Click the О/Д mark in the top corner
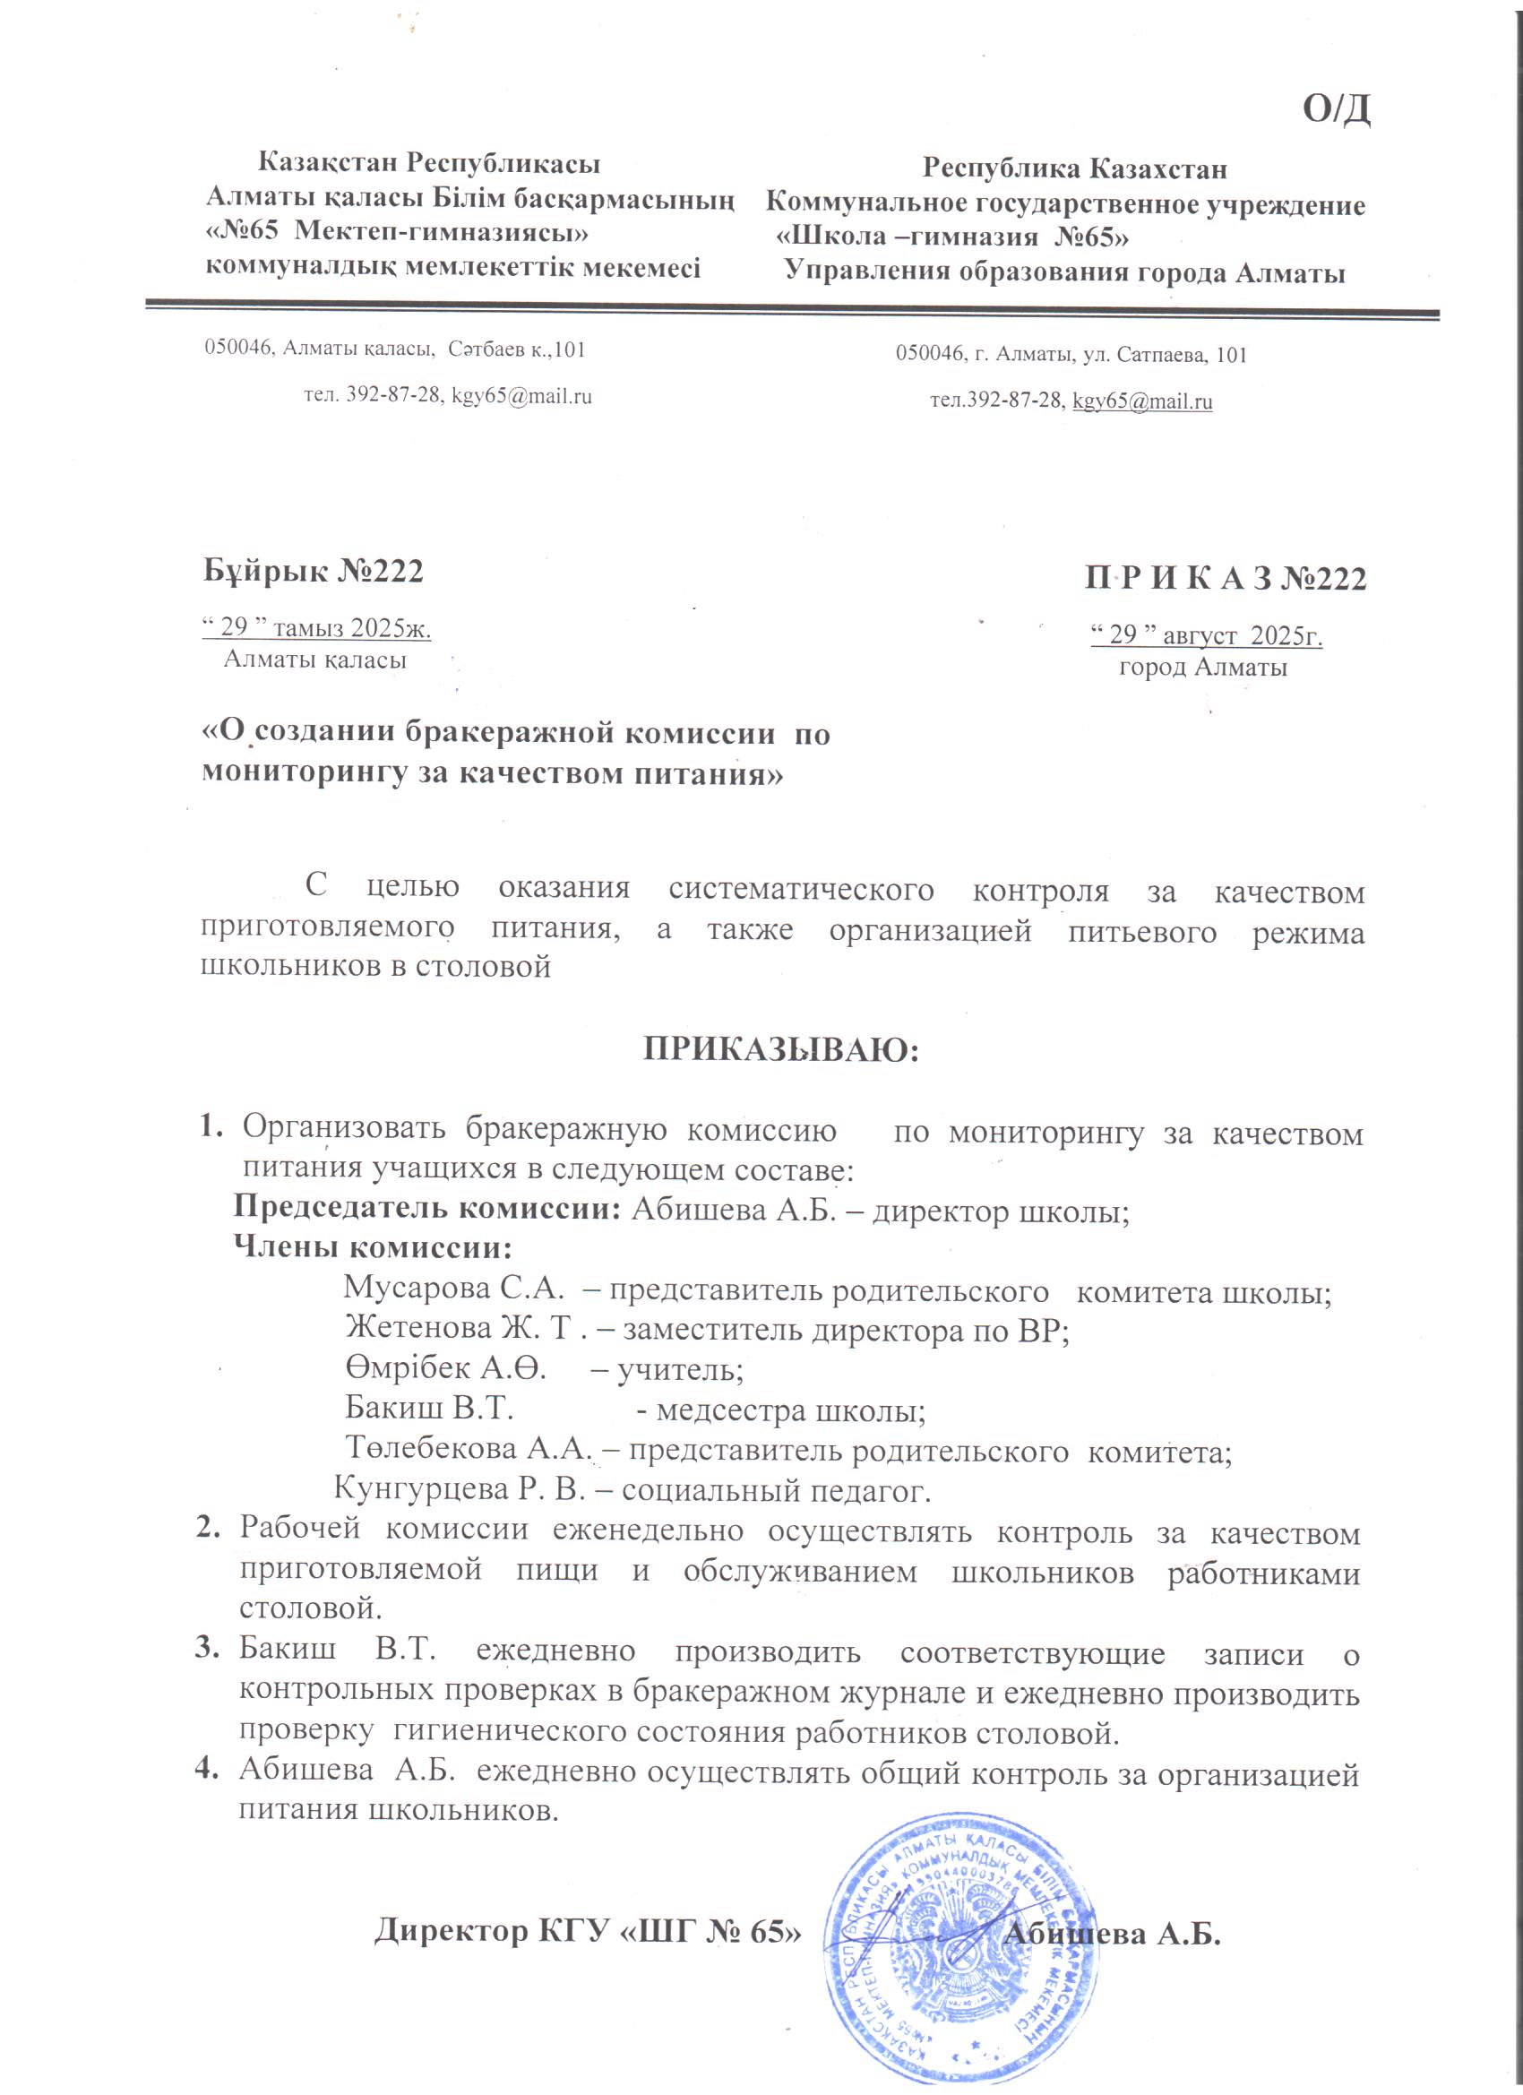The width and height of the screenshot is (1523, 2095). coord(1336,110)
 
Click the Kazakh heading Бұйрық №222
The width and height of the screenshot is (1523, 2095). coord(313,572)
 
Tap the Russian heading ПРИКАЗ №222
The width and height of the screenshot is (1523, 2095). coord(1225,578)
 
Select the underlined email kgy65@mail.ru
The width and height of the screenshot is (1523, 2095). coord(1141,401)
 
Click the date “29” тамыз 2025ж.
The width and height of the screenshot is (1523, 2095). coord(317,628)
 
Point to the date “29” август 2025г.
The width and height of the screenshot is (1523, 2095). coord(1207,635)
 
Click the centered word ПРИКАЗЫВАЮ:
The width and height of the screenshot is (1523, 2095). coord(781,1051)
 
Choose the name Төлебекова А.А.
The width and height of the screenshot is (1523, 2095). coord(468,1449)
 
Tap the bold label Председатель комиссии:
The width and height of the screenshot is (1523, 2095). coord(426,1208)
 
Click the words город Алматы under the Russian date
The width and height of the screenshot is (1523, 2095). coord(1202,668)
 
